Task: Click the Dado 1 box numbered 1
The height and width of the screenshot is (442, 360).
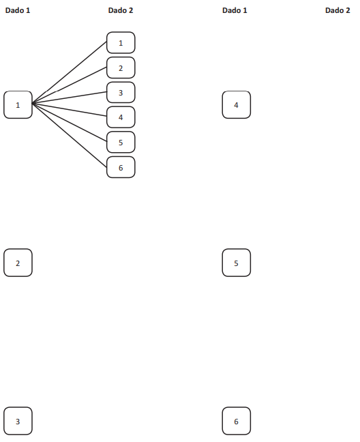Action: pos(18,105)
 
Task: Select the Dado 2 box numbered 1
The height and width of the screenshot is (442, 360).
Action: pos(121,43)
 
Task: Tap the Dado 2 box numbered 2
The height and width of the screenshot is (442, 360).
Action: pos(121,68)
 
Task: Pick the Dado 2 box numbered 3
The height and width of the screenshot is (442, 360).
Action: pos(121,93)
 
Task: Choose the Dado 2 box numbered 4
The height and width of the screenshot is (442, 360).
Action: pos(121,117)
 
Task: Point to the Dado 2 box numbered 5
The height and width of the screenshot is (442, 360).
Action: pos(121,143)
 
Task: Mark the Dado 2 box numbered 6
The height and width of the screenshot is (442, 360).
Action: pos(121,167)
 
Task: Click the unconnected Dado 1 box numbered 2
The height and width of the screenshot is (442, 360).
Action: pos(18,263)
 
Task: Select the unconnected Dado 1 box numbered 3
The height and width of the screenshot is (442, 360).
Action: pos(18,421)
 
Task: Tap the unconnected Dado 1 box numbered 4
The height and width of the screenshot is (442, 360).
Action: pos(237,105)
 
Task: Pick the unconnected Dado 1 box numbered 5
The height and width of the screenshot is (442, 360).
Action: pos(237,263)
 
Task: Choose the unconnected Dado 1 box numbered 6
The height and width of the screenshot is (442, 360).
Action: pos(237,421)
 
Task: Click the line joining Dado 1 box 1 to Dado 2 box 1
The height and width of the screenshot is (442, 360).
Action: pos(70,73)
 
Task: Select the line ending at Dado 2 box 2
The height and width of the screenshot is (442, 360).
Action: pos(70,85)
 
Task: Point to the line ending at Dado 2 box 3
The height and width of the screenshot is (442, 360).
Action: pos(70,98)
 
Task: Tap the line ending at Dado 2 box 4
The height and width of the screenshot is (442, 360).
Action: pos(70,110)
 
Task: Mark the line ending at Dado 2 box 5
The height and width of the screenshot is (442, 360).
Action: pos(70,122)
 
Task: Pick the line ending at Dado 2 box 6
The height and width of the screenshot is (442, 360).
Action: pos(70,135)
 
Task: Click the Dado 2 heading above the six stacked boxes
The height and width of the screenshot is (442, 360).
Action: pos(121,10)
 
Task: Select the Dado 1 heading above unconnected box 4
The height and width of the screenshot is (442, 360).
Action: pos(235,10)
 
